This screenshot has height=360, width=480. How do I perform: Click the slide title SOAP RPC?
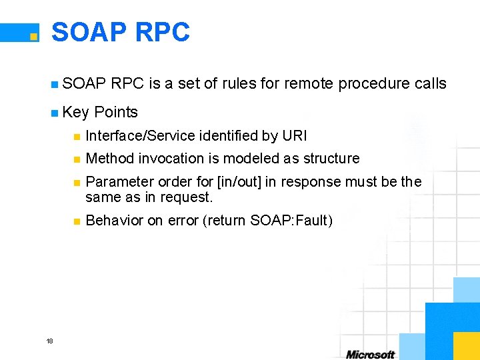click(120, 32)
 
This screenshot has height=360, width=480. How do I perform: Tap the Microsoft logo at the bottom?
click(371, 354)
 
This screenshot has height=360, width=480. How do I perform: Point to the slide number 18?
click(50, 341)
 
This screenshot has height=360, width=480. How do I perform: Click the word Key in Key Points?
click(75, 112)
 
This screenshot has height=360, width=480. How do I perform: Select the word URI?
click(295, 136)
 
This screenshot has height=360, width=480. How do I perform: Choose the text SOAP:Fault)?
click(291, 221)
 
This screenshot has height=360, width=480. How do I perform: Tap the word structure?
click(331, 159)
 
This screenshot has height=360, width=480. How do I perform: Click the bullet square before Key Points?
click(54, 113)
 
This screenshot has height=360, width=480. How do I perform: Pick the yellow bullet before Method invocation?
click(77, 159)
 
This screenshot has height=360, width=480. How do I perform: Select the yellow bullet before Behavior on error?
click(77, 221)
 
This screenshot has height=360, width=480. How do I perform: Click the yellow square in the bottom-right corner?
click(467, 345)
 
